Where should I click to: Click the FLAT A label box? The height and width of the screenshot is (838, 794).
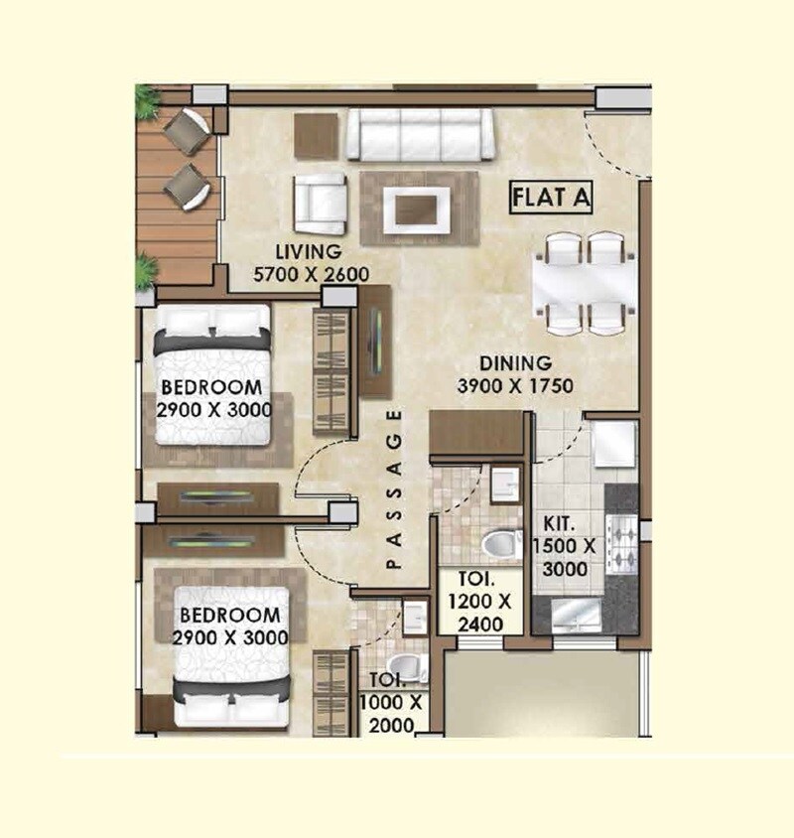click(551, 197)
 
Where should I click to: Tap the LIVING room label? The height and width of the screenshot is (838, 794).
click(308, 252)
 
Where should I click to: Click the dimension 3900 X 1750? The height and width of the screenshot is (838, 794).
click(515, 386)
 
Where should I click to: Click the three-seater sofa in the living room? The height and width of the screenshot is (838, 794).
click(421, 134)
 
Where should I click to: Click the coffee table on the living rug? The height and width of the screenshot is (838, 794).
click(419, 209)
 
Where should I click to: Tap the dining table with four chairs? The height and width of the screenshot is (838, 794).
click(583, 282)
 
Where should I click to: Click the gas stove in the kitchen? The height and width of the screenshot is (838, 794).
click(622, 547)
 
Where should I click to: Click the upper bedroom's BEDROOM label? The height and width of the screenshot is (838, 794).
click(211, 387)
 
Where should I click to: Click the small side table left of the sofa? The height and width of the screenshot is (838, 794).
click(317, 131)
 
